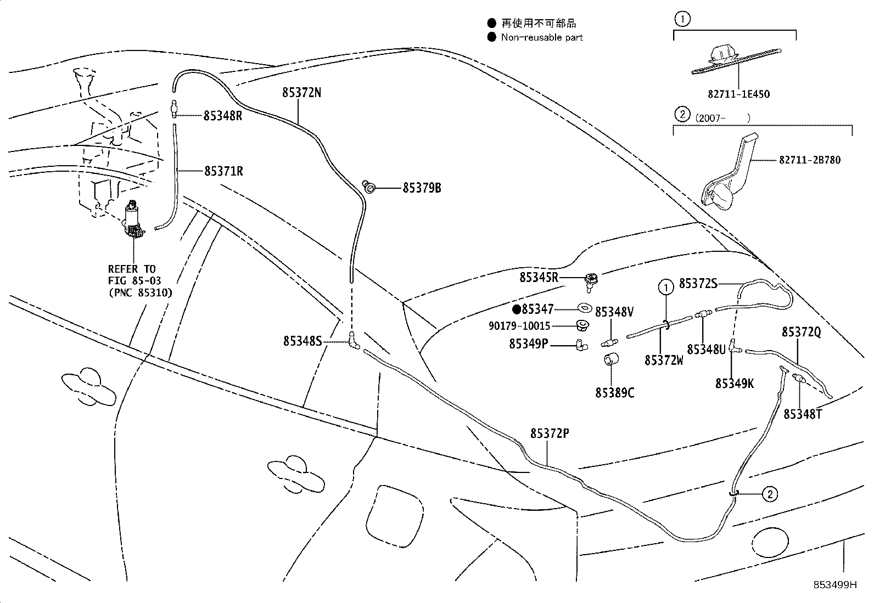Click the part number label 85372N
pos(301,93)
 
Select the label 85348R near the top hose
pos(222,116)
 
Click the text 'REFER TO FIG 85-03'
pos(132,275)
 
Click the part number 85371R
pos(223,171)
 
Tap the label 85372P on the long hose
pos(549,433)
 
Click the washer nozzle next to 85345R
pos(592,279)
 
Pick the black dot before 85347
pos(516,309)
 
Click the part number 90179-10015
pos(519,326)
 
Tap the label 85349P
pos(528,344)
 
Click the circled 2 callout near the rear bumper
pos(770,494)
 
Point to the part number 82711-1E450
pos(738,94)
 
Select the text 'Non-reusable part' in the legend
pos(541,37)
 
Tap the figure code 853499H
pos(835,584)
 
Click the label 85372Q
pos(801,332)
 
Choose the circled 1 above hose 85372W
pos(665,286)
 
